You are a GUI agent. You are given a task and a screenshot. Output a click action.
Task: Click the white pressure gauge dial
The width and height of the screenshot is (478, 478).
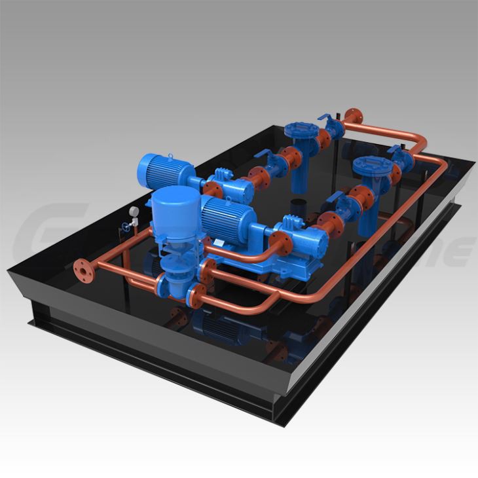[x=134, y=211]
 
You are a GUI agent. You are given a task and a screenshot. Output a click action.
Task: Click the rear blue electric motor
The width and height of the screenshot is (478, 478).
[x=162, y=171]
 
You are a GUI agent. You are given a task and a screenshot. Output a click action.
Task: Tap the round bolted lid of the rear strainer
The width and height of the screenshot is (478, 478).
[x=303, y=128]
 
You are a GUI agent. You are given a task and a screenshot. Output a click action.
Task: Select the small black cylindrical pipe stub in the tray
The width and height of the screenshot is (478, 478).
[x=299, y=204]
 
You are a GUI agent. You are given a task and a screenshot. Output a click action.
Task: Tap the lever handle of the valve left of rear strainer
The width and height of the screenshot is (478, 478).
[x=268, y=155]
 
